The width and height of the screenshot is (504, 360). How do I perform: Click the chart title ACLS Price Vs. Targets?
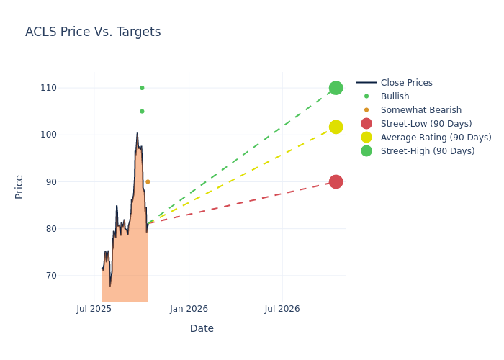(x=93, y=32)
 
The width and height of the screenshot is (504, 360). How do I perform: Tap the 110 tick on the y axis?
(x=68, y=88)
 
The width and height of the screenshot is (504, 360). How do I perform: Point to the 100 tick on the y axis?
(x=68, y=135)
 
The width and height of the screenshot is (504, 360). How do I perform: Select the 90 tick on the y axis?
(x=70, y=181)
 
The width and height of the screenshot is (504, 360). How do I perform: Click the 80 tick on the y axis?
(x=70, y=229)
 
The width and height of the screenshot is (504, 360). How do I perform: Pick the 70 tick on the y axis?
(x=70, y=276)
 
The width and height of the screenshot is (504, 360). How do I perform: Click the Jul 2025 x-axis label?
(x=94, y=309)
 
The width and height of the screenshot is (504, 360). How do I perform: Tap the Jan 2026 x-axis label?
(x=189, y=309)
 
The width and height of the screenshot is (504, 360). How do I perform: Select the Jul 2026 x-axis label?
(x=282, y=309)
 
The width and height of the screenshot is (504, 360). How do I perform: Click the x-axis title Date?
(x=202, y=328)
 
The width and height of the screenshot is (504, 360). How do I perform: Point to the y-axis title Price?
(x=19, y=186)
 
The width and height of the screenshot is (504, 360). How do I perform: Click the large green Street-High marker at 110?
(x=336, y=88)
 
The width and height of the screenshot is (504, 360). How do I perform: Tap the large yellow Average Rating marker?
(x=336, y=127)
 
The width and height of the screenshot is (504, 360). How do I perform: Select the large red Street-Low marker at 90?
(x=336, y=181)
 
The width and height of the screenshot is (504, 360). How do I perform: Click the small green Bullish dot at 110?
(x=142, y=88)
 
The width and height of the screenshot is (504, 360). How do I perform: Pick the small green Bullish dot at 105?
(x=142, y=111)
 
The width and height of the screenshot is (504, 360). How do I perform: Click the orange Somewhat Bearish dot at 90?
(x=148, y=181)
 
